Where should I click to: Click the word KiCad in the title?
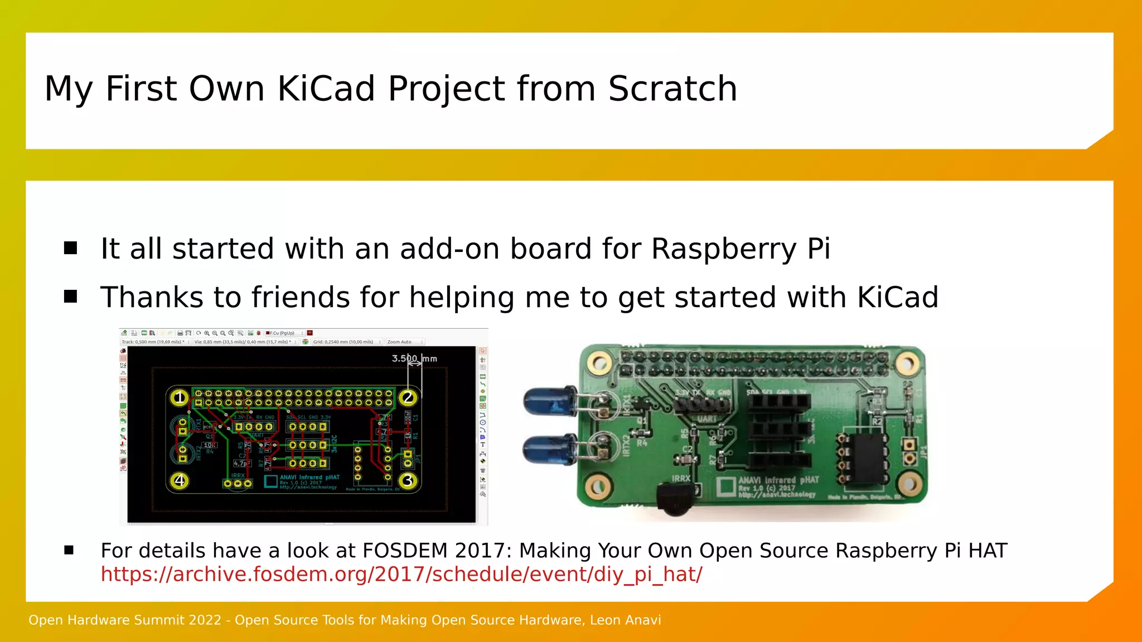tap(326, 89)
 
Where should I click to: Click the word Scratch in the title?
tap(672, 89)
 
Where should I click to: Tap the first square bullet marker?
tap(70, 248)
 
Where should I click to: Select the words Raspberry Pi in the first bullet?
tap(741, 249)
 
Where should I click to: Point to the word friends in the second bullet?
tap(300, 297)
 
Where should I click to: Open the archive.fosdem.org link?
tap(401, 574)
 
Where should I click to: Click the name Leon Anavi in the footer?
tap(625, 620)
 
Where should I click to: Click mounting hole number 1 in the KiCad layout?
tap(179, 397)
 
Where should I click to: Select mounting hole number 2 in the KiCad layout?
tap(408, 397)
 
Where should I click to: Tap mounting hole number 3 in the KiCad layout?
tap(408, 480)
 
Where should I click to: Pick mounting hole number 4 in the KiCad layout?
tap(179, 480)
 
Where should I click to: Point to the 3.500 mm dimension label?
tap(414, 358)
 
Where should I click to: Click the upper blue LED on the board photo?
tap(549, 401)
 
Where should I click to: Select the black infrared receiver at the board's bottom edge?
tap(676, 498)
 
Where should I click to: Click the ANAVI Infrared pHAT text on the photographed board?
tap(778, 480)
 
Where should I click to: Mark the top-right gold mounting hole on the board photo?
tap(907, 364)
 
